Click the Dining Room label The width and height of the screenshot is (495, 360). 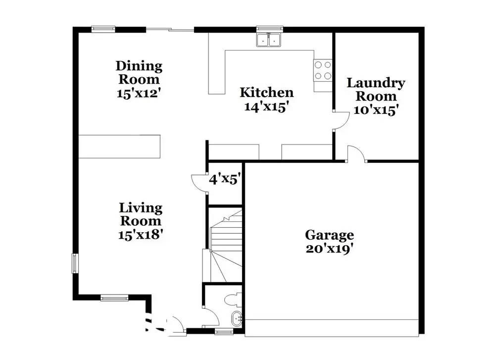point(139,79)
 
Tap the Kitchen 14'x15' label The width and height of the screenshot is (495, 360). point(266,100)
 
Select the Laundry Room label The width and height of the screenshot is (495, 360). point(376,96)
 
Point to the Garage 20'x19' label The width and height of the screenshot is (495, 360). point(329,242)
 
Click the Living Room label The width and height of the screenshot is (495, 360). point(141,221)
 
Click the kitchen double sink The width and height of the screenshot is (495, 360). point(269,40)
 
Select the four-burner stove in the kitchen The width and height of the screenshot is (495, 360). point(323,70)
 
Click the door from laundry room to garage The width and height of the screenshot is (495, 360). point(356,154)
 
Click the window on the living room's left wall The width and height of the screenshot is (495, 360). point(75,263)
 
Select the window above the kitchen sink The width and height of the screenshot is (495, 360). point(269,29)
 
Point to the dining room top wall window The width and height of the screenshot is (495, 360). point(103,29)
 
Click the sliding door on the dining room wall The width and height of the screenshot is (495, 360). point(170,30)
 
